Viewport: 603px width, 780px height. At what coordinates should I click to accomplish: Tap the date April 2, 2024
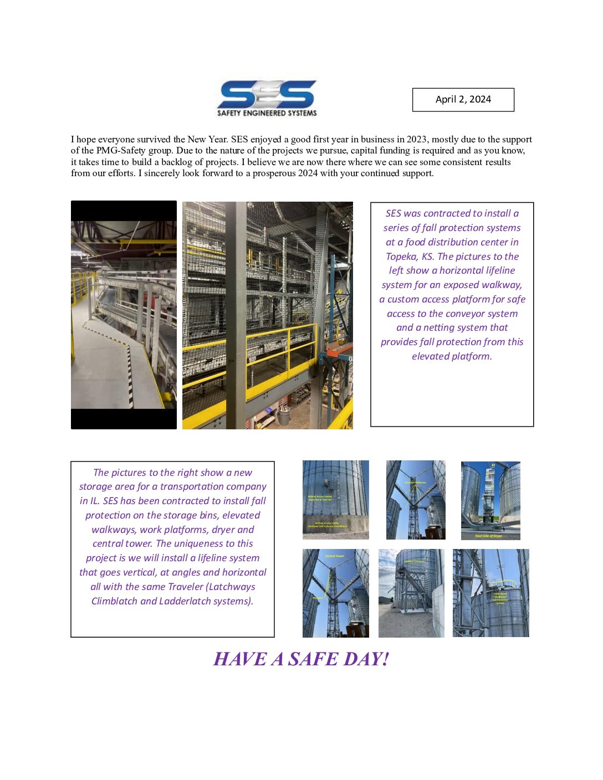pyautogui.click(x=463, y=100)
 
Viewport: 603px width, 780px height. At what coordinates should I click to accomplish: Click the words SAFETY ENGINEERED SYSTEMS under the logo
pyautogui.click(x=267, y=113)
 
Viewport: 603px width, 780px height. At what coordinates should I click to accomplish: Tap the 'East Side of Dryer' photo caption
pyautogui.click(x=488, y=536)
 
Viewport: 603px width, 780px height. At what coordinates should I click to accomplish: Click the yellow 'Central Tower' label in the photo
pyautogui.click(x=334, y=556)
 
